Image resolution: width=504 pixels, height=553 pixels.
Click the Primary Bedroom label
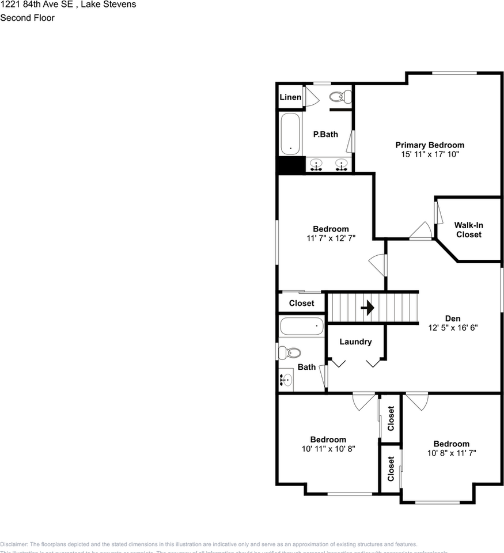pyautogui.click(x=429, y=145)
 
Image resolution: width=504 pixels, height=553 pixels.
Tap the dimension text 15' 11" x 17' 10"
pyautogui.click(x=429, y=154)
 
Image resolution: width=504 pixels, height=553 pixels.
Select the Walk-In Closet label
pyautogui.click(x=468, y=230)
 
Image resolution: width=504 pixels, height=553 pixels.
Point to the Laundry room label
pyautogui.click(x=355, y=342)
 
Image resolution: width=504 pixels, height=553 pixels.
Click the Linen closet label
pyautogui.click(x=290, y=97)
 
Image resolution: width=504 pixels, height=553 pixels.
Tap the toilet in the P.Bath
pyautogui.click(x=342, y=97)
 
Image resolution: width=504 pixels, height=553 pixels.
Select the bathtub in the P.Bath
pyautogui.click(x=290, y=134)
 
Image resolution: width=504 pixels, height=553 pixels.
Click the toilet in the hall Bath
pyautogui.click(x=290, y=352)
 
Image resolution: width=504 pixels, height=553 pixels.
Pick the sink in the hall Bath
pyautogui.click(x=286, y=380)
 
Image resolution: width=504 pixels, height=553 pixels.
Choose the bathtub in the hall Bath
pyautogui.click(x=302, y=327)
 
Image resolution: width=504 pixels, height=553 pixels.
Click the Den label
pyautogui.click(x=453, y=318)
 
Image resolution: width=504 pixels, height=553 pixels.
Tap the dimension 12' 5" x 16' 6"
pyautogui.click(x=453, y=327)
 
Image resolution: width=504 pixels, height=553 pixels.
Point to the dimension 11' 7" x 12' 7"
pyautogui.click(x=331, y=238)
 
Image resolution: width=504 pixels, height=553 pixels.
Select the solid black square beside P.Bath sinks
pyautogui.click(x=290, y=165)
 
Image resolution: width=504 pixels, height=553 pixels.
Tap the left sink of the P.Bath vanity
pyautogui.click(x=316, y=165)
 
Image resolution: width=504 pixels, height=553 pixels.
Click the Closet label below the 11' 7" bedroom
pyautogui.click(x=301, y=303)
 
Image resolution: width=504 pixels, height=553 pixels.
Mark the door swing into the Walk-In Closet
pyautogui.click(x=439, y=213)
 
